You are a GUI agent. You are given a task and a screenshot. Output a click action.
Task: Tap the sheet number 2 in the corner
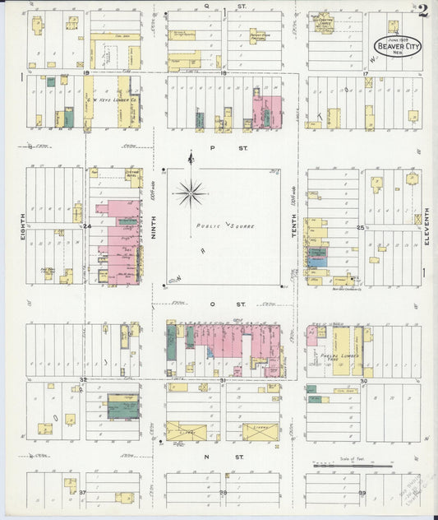coord(422,11)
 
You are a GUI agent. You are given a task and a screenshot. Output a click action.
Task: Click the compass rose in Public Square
coord(191,193)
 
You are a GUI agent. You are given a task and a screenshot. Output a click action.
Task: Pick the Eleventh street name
coord(427,225)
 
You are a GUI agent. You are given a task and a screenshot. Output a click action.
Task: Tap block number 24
coord(86,225)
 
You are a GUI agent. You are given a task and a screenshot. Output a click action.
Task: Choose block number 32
coord(83,379)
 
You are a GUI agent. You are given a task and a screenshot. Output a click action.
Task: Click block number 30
coord(362,381)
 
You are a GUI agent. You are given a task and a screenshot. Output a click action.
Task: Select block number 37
coord(83,491)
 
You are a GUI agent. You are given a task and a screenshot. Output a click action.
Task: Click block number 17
coord(363,73)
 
